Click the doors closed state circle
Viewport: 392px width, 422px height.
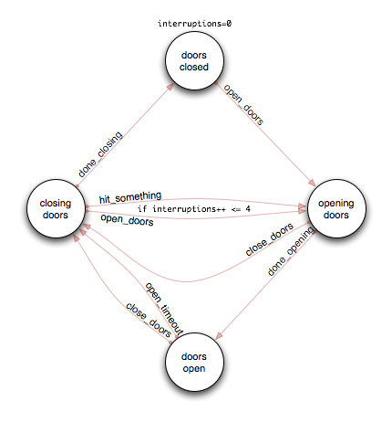coord(194,60)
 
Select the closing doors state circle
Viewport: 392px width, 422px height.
coord(56,208)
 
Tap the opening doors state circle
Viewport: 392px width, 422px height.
coord(336,208)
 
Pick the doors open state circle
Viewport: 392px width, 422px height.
coord(194,362)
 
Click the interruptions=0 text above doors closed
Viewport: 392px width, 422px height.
coord(194,24)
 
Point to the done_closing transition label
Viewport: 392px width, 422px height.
coord(100,154)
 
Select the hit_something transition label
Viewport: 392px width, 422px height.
coord(130,197)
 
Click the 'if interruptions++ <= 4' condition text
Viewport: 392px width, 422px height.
coord(194,209)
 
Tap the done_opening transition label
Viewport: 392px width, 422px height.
coord(291,251)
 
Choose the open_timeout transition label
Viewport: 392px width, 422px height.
coord(164,309)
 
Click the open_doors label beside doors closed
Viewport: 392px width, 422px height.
coord(243,104)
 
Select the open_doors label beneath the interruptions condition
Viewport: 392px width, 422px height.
coord(127,220)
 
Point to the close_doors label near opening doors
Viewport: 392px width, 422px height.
coord(270,239)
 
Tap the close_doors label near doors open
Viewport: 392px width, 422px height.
coord(149,320)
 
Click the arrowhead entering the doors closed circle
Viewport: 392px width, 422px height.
coord(170,86)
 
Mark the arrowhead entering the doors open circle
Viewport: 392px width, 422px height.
coord(219,336)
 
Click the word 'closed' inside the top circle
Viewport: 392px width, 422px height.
coord(194,67)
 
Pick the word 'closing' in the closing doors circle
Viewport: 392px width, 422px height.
coord(56,204)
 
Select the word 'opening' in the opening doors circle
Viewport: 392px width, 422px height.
coord(336,204)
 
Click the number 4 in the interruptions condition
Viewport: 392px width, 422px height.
coord(248,209)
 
